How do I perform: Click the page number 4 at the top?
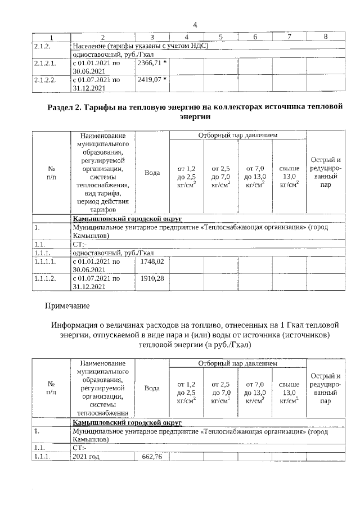tap(195, 25)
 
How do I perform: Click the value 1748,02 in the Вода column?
tap(152, 262)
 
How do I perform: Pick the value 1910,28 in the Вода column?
tap(152, 278)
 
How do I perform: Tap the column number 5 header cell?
tap(220, 37)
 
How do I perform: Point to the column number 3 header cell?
tap(152, 37)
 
